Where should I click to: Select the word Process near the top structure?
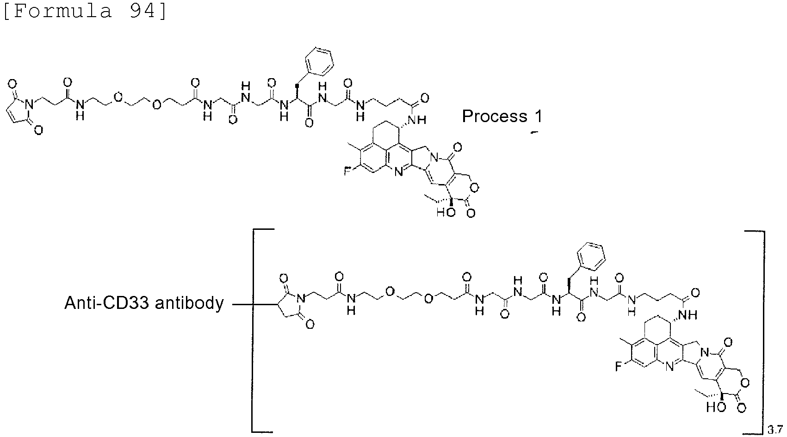(x=495, y=116)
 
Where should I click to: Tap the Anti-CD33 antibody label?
(x=144, y=303)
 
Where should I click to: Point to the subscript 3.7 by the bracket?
(x=775, y=429)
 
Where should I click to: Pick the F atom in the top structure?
(x=347, y=171)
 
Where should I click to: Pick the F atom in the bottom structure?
(x=619, y=367)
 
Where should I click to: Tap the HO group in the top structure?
(x=446, y=212)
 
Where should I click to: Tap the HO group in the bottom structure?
(x=716, y=407)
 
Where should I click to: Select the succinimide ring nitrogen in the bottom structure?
(x=300, y=299)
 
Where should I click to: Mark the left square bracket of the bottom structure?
(x=253, y=330)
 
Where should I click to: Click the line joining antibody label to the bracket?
(x=242, y=304)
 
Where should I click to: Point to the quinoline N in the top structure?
(x=398, y=172)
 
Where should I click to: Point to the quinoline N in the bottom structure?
(x=669, y=368)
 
